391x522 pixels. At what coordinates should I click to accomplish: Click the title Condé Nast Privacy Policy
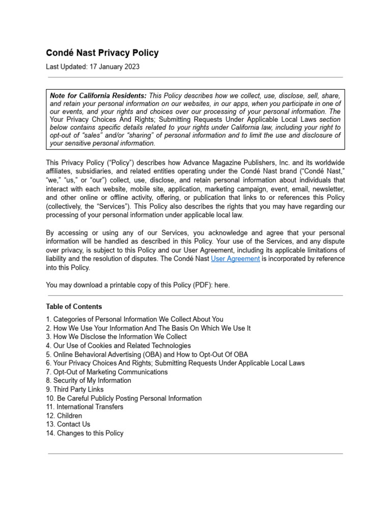click(x=102, y=53)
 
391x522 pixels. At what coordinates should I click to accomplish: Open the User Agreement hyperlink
click(x=235, y=259)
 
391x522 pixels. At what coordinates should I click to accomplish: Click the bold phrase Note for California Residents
click(x=98, y=96)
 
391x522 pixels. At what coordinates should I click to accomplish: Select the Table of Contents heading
click(x=74, y=306)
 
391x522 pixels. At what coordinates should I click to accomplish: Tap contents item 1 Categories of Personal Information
click(x=134, y=320)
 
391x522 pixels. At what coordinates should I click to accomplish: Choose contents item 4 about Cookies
click(x=118, y=346)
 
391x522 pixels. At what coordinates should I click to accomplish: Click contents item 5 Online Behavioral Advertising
click(x=147, y=354)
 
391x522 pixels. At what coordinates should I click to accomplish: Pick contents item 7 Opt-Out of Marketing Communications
click(x=106, y=372)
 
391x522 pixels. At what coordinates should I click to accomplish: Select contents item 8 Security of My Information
click(x=89, y=381)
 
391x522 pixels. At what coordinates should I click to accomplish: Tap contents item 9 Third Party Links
click(x=74, y=389)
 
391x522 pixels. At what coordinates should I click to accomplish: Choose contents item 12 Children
click(x=64, y=415)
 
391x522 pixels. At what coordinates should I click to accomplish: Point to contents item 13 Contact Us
click(x=68, y=424)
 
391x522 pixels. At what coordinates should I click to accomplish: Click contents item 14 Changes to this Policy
click(x=85, y=433)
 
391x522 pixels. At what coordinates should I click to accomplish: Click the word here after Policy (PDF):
click(x=221, y=285)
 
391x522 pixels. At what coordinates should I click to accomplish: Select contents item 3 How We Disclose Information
click(x=116, y=337)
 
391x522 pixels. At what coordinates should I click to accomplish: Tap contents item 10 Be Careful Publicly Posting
click(x=124, y=398)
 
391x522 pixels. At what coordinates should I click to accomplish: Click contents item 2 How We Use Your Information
click(x=148, y=328)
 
